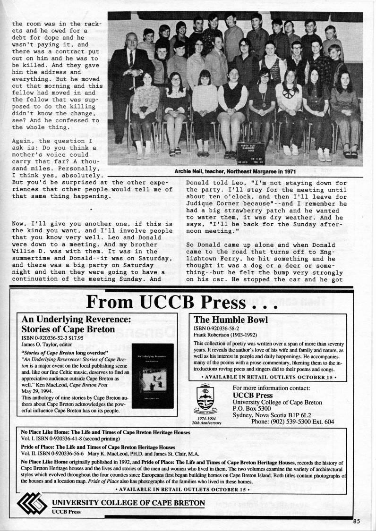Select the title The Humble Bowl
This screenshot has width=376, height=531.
pos(231,320)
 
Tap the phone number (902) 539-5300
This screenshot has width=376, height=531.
pos(292,421)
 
